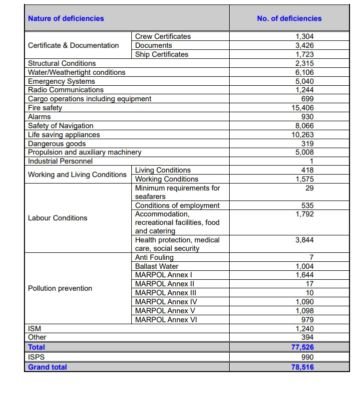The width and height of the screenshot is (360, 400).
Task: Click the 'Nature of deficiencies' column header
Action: (x=66, y=18)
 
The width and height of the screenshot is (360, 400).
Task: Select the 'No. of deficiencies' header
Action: (x=289, y=18)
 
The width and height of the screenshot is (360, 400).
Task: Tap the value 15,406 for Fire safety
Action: (x=303, y=108)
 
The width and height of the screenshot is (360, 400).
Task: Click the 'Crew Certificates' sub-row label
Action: (x=163, y=36)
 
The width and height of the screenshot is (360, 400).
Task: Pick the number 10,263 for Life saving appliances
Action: (x=303, y=135)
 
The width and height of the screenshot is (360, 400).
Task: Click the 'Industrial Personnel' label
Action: (x=60, y=161)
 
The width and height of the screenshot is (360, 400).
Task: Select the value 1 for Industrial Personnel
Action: (x=311, y=161)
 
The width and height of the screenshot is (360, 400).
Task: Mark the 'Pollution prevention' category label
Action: (x=60, y=288)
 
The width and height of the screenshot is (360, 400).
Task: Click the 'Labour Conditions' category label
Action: (x=57, y=218)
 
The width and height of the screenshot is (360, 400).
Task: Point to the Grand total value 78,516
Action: (x=303, y=367)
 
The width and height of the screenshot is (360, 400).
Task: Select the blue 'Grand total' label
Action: (x=47, y=367)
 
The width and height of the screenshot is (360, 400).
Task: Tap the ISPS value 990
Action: (x=308, y=357)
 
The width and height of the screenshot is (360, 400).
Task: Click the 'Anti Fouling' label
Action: (x=154, y=257)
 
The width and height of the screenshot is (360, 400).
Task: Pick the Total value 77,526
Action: (x=303, y=347)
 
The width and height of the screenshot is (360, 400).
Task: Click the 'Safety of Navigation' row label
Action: (x=60, y=126)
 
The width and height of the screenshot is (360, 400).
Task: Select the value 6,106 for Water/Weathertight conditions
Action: (x=305, y=72)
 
